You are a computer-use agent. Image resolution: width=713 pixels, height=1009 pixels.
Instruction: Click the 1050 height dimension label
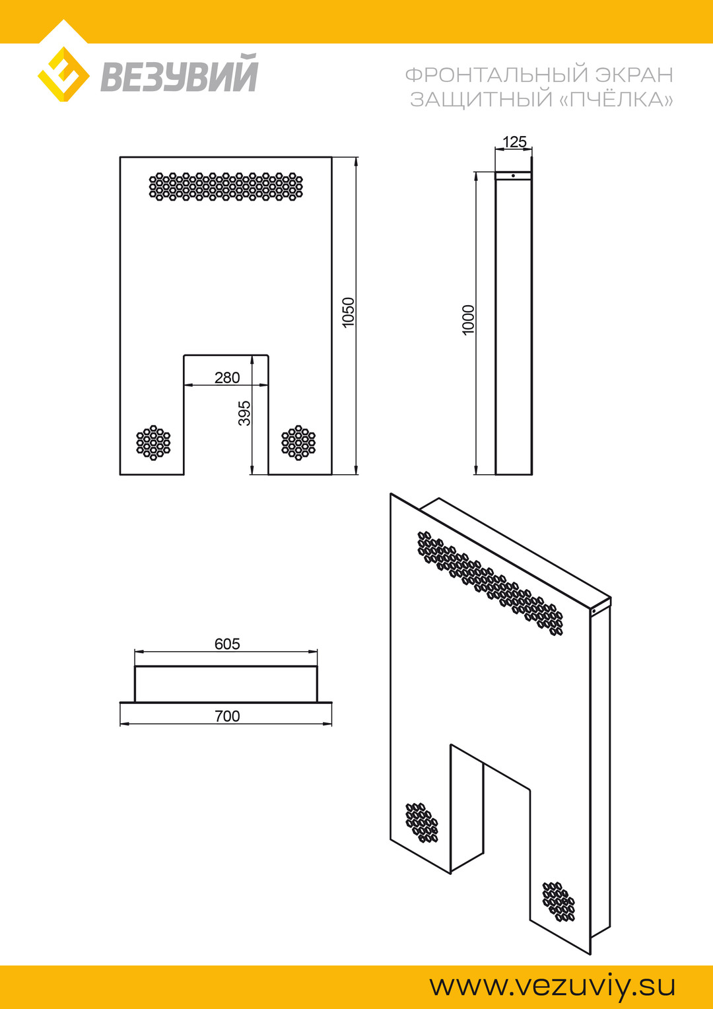click(349, 312)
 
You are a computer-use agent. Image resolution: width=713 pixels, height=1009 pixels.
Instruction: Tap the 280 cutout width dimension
click(227, 378)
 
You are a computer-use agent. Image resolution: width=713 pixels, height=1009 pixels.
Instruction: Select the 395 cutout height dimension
click(244, 413)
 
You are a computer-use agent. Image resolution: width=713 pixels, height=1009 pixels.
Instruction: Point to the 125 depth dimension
click(514, 142)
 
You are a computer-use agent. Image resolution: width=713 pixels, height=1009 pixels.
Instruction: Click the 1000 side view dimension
click(468, 320)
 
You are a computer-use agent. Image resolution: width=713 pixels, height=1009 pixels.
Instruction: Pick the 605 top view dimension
click(227, 644)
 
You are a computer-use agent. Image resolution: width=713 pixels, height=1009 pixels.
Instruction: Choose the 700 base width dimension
click(227, 716)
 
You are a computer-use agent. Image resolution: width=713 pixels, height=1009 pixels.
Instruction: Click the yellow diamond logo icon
click(63, 74)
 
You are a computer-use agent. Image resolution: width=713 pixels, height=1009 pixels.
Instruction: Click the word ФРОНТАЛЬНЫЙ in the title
click(496, 75)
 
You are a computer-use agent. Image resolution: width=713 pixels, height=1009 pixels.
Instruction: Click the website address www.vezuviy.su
click(553, 986)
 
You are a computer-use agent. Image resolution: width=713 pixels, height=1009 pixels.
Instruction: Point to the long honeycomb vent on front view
click(226, 186)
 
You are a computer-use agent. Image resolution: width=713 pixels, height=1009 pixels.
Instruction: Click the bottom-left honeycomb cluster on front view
click(153, 442)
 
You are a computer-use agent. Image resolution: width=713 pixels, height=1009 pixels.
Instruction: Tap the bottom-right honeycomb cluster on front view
click(298, 442)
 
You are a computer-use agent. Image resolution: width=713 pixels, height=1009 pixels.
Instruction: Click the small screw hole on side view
click(514, 176)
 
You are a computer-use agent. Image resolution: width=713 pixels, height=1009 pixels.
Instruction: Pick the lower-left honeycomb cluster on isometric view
click(421, 823)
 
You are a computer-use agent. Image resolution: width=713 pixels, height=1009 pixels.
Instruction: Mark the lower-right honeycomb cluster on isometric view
click(559, 901)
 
